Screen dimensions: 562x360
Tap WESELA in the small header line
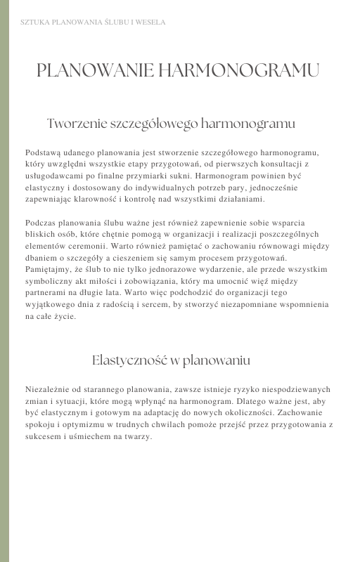click(151, 22)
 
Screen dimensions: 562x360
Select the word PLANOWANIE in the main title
click(94, 70)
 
